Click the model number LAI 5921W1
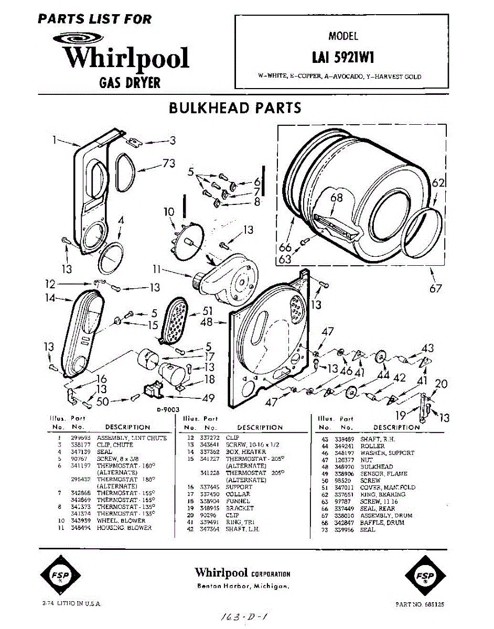coord(343,56)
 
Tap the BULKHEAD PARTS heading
coord(235,108)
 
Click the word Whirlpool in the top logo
coord(126,58)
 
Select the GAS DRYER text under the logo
coord(130,82)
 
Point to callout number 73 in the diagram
coord(168,164)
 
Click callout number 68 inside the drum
coord(336,198)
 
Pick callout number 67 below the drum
coord(435,288)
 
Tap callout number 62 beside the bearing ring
coord(438,183)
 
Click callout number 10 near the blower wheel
coord(168,212)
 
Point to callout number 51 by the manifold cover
coord(208,311)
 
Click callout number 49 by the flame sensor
coord(208,398)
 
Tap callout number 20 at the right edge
coord(441,384)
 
